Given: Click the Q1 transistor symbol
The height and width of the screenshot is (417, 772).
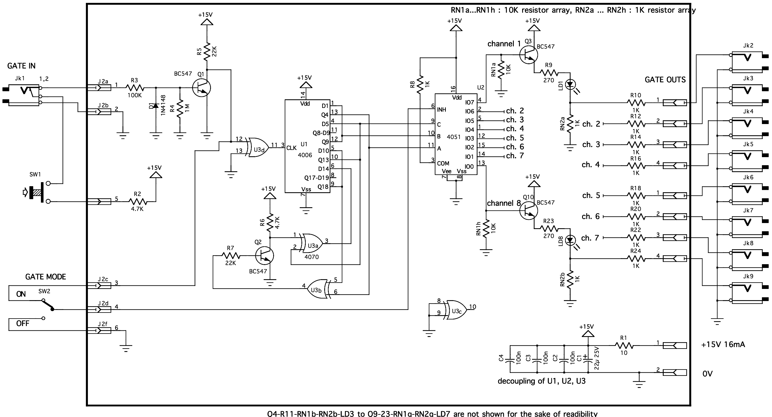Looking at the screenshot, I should [x=202, y=88].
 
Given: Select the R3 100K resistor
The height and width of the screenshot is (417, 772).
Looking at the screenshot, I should [x=135, y=88].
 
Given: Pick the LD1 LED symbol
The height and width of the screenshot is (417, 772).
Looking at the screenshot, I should [x=570, y=85].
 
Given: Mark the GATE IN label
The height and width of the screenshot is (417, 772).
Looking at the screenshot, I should [x=21, y=66].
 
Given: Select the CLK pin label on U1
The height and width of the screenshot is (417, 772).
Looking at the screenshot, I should [x=291, y=148].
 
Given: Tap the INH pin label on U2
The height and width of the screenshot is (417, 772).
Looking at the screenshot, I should [x=441, y=110].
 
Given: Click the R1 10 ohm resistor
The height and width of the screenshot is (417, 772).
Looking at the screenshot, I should [x=624, y=346].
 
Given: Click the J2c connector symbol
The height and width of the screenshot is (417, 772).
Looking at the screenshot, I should [x=99, y=285].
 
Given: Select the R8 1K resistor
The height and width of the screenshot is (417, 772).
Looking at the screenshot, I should [x=420, y=85].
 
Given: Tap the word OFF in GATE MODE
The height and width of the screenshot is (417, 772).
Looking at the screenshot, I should [x=23, y=323].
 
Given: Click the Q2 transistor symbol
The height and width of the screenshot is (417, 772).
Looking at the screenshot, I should [x=265, y=256].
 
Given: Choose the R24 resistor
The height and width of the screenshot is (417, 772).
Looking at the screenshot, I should [x=636, y=258].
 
